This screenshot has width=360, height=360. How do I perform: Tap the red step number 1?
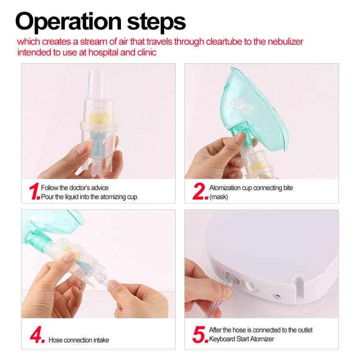(34, 192)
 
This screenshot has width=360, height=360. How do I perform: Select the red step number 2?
(200, 192)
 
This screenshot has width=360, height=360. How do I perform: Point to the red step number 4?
(36, 335)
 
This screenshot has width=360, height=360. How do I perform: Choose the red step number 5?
(200, 335)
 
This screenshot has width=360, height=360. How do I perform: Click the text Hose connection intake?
(79, 340)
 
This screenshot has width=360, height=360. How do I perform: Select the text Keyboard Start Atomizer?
(241, 339)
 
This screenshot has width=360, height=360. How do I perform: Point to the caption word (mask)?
(218, 197)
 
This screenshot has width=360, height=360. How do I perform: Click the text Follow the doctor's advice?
(75, 188)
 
